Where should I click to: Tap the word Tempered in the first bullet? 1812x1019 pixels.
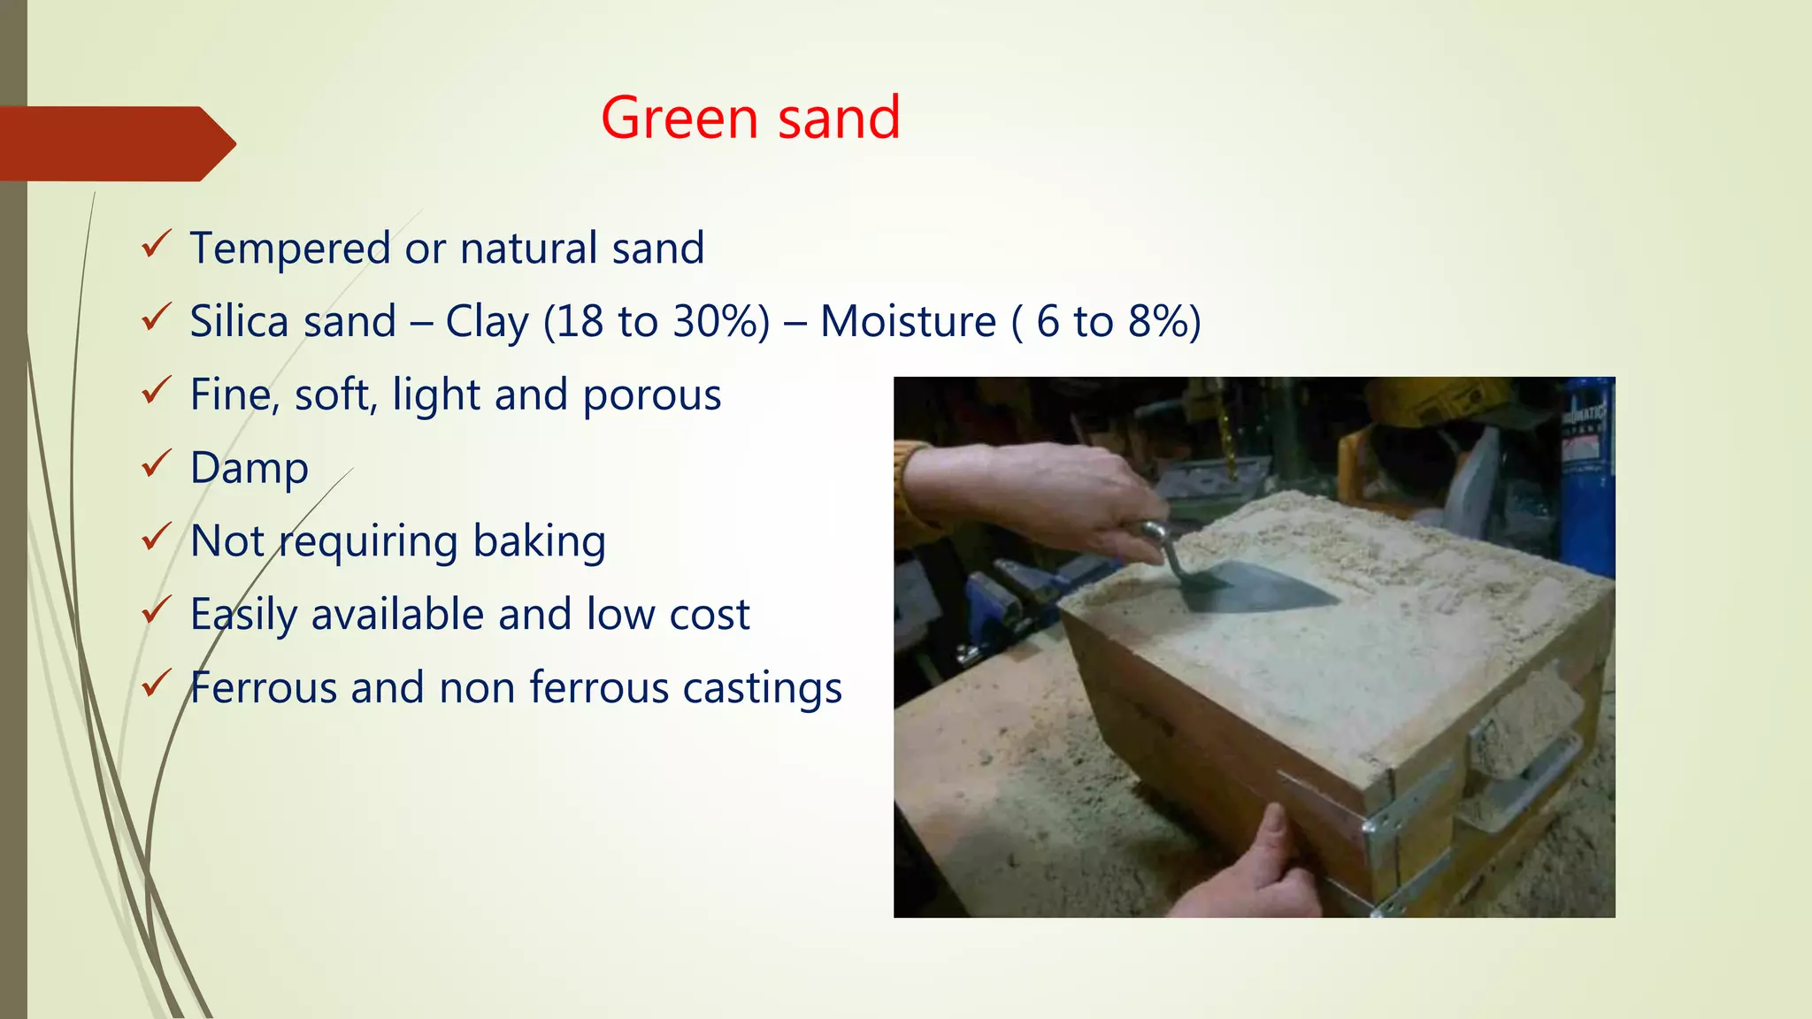[x=289, y=249]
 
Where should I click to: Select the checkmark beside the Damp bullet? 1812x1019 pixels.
[x=156, y=464]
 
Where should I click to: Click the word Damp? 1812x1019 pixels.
[x=249, y=468]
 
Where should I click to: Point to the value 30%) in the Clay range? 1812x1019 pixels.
[x=721, y=321]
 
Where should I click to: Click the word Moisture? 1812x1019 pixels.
[x=908, y=321]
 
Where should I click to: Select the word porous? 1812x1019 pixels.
[x=652, y=395]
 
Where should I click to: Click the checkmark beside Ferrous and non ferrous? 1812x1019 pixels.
[x=156, y=684]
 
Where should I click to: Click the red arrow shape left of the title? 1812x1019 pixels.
[x=115, y=143]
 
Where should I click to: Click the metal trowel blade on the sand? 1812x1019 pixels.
[x=1265, y=588]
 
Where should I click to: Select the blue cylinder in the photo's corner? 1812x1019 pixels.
[x=1588, y=478]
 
